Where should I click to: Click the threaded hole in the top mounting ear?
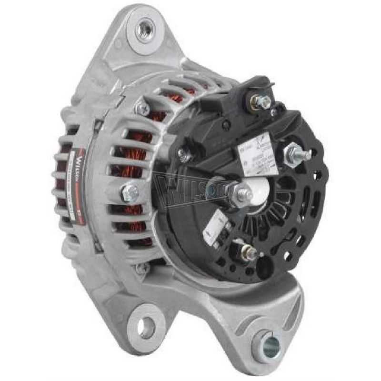pyautogui.click(x=145, y=31)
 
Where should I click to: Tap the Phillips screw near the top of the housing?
pyautogui.click(x=141, y=108)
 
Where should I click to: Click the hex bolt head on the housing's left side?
pyautogui.click(x=130, y=192)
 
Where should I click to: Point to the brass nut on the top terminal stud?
pyautogui.click(x=261, y=101)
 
